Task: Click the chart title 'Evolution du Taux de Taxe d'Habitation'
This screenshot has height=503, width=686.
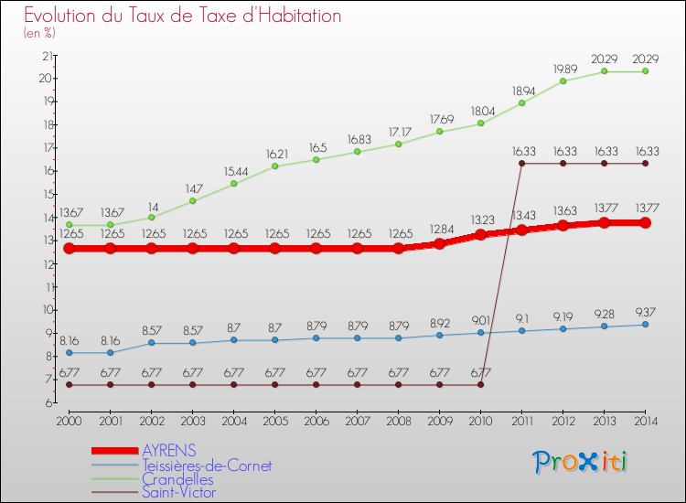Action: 183,16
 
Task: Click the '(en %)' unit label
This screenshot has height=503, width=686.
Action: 39,34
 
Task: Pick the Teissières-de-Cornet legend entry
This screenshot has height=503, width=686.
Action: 207,466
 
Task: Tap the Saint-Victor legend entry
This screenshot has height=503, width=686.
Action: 178,493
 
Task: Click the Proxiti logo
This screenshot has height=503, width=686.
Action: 582,462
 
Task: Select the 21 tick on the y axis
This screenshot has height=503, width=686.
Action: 44,55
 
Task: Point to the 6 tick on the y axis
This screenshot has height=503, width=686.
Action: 47,402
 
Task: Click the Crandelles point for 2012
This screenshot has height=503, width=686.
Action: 563,80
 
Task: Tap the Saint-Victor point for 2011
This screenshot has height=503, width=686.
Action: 521,164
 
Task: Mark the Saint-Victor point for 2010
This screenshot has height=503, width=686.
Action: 480,385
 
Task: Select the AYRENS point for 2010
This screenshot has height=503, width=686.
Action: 480,235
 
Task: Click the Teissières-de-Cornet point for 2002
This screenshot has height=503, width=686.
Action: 151,343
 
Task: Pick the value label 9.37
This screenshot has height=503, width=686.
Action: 646,312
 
